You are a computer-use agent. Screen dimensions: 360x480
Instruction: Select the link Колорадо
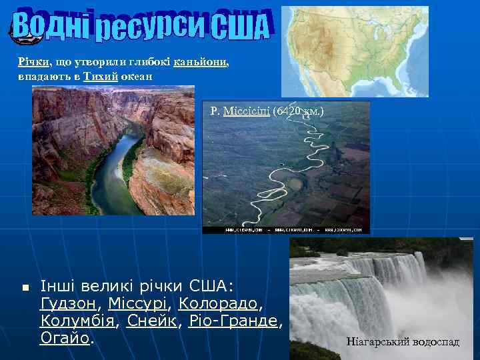218,304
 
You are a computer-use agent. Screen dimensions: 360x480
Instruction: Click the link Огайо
64,339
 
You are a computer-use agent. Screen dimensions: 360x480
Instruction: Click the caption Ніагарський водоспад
403,342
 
